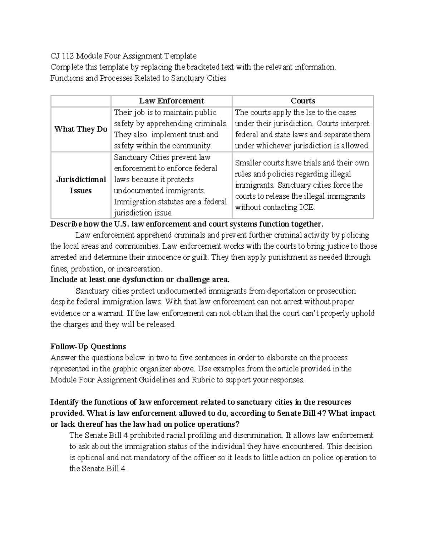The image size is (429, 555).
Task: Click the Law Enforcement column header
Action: click(x=171, y=101)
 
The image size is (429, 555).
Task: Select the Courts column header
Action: click(x=303, y=101)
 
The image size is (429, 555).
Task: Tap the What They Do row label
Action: click(x=81, y=129)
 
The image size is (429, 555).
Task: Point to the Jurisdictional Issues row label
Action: click(x=81, y=185)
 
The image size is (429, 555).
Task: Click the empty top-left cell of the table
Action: click(x=81, y=101)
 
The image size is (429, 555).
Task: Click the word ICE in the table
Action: click(x=306, y=207)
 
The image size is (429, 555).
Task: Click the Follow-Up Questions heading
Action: click(x=88, y=346)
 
